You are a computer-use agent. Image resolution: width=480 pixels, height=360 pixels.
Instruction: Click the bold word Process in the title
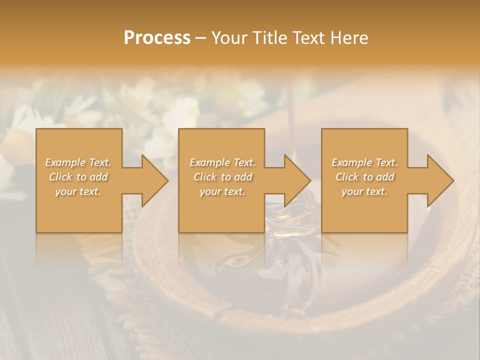pyautogui.click(x=157, y=38)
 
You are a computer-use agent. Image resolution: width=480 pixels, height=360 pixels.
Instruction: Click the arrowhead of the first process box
pyautogui.click(x=153, y=180)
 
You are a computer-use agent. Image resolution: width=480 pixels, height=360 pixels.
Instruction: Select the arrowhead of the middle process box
pyautogui.click(x=296, y=180)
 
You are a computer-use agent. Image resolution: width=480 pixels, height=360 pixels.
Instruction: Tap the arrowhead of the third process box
pyautogui.click(x=439, y=180)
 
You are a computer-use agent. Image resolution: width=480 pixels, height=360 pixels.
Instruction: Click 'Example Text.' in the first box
pyautogui.click(x=78, y=162)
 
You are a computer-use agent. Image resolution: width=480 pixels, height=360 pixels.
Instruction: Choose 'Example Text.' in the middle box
pyautogui.click(x=222, y=162)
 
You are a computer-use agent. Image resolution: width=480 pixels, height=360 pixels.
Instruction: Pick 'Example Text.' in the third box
pyautogui.click(x=364, y=162)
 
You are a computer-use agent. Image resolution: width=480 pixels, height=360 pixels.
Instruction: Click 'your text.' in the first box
pyautogui.click(x=78, y=191)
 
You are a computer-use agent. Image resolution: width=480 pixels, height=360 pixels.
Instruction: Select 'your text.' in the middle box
pyautogui.click(x=222, y=191)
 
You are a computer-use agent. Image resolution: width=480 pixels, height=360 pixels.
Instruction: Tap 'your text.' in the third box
pyautogui.click(x=364, y=191)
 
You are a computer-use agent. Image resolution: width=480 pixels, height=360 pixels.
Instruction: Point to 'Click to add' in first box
pyautogui.click(x=78, y=177)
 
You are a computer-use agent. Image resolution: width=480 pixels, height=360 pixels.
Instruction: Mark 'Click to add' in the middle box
pyautogui.click(x=222, y=177)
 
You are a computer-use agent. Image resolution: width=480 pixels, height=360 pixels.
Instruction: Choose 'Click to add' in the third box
pyautogui.click(x=364, y=177)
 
